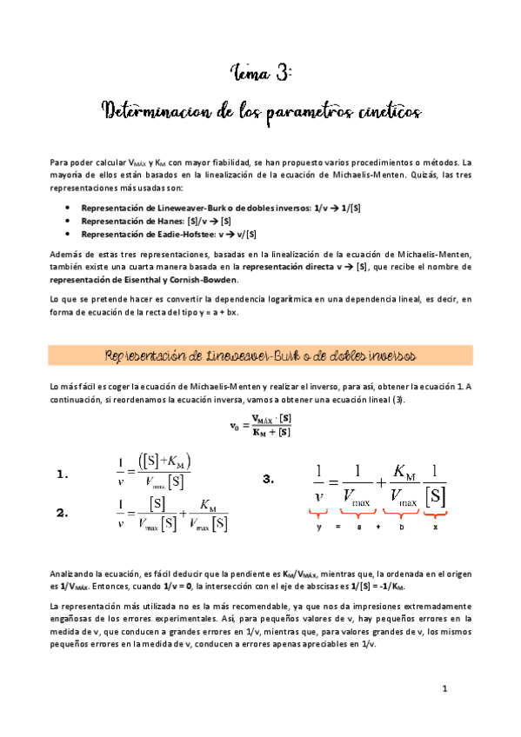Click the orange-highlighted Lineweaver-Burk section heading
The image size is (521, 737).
(x=260, y=356)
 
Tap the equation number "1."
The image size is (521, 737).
(x=62, y=475)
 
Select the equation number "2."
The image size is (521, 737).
(x=62, y=514)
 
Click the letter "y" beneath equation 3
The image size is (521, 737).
(x=319, y=527)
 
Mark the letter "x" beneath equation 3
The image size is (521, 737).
(x=435, y=527)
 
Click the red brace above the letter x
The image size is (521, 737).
(x=435, y=514)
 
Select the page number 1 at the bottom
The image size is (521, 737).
(x=444, y=690)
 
